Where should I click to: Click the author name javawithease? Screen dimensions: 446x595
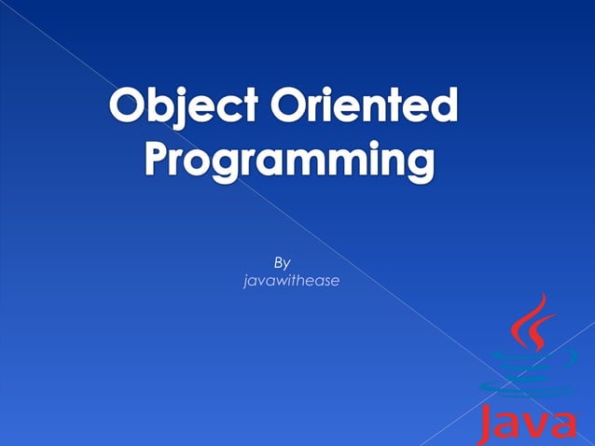(290, 280)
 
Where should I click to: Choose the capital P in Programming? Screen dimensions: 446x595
(159, 160)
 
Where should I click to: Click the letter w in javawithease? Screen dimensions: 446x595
(279, 280)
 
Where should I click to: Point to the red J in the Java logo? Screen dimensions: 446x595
(487, 425)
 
